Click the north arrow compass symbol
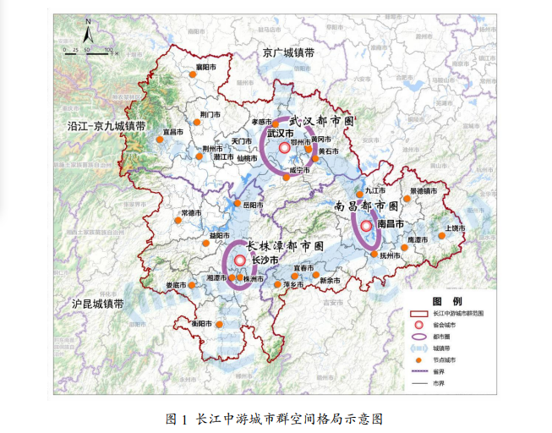(x=87, y=35)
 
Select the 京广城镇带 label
(x=288, y=52)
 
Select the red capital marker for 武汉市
(x=284, y=147)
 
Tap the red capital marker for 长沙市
(x=241, y=260)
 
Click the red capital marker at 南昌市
(x=366, y=226)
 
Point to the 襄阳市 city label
(x=206, y=66)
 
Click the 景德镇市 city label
(x=424, y=191)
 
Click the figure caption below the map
(x=276, y=418)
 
